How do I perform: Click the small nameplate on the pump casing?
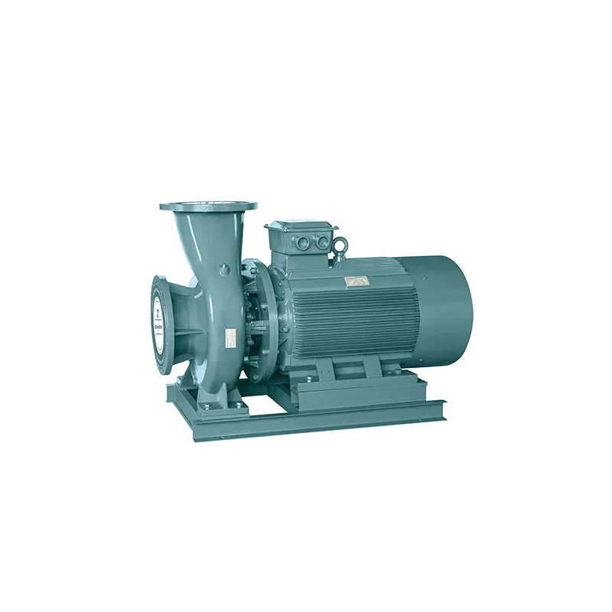tap(229, 335)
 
